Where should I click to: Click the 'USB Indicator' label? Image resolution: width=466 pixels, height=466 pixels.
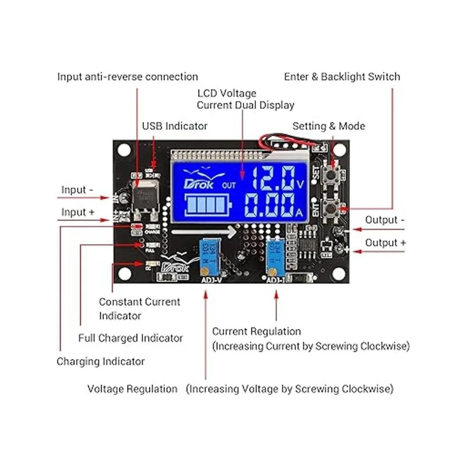pos(174,126)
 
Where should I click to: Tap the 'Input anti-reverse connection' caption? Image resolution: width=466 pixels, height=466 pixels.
pos(127,77)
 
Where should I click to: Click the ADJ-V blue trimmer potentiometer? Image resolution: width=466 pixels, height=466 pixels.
pos(208,256)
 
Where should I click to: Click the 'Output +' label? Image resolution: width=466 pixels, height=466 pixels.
pos(385,243)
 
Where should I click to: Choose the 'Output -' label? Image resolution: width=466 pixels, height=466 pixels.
pos(384,220)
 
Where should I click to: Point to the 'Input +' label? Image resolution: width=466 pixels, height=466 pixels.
pos(78,212)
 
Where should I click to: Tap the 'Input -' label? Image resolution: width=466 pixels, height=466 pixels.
pos(77,190)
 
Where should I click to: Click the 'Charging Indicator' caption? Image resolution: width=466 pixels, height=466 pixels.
pos(101,362)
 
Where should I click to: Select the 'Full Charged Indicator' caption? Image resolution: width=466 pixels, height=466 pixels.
pos(130,338)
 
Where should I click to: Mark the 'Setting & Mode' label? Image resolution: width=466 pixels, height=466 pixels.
pos(329,126)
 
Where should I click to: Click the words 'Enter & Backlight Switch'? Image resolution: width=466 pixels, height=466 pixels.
pos(342,77)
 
